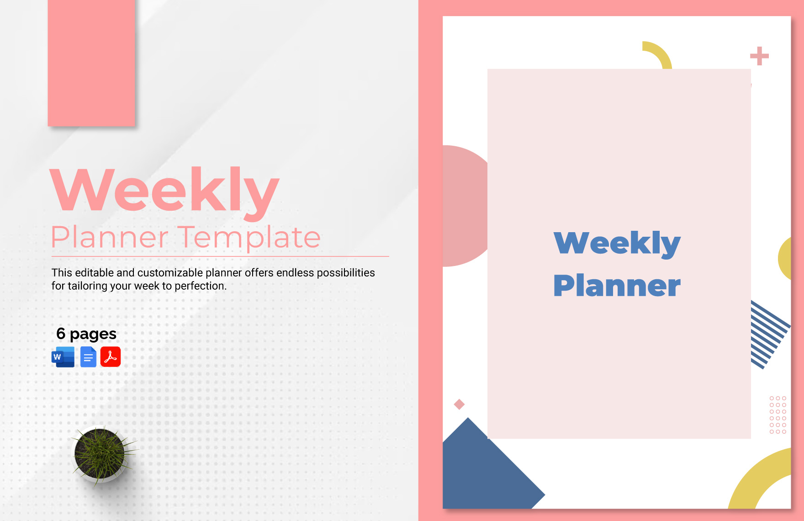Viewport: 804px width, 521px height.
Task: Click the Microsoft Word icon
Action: tap(63, 357)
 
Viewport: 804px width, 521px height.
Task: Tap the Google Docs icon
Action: tap(88, 357)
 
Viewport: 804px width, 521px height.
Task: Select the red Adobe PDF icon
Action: tap(111, 357)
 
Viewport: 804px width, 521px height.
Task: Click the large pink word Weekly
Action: tap(164, 190)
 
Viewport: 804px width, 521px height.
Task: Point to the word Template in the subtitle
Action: tap(249, 238)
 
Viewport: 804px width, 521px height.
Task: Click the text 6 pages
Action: tap(86, 334)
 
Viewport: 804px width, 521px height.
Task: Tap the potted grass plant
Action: tap(100, 453)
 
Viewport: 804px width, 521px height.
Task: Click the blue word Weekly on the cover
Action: tap(617, 243)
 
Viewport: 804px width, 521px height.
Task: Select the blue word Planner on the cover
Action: tap(617, 286)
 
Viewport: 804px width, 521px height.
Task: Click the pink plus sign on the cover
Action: tap(759, 56)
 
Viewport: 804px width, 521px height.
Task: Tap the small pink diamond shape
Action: tap(459, 404)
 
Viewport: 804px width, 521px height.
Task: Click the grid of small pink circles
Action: tap(778, 415)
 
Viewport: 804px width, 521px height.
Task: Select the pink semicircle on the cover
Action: tap(464, 206)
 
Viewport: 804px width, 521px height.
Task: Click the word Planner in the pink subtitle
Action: tap(110, 238)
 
